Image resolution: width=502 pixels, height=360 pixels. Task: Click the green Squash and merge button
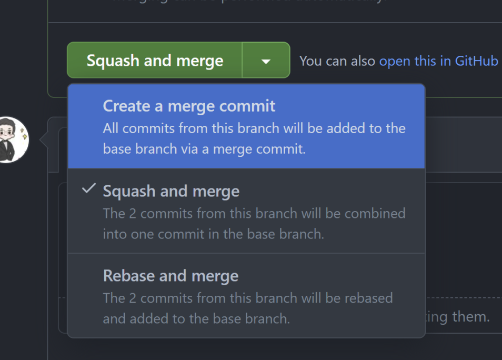pos(155,61)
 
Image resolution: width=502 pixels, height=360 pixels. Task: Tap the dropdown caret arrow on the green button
pos(266,61)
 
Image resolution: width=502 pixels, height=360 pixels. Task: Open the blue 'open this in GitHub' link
pos(438,61)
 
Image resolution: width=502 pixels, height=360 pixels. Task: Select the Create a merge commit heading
pos(189,106)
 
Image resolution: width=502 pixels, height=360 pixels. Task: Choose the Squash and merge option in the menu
pos(171,191)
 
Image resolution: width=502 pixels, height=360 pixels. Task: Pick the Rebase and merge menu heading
pos(170,276)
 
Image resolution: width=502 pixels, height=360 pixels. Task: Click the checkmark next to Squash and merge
pos(89,188)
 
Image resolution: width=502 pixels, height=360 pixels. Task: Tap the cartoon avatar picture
pos(12,139)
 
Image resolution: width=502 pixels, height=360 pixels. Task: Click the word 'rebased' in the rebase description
pos(369,298)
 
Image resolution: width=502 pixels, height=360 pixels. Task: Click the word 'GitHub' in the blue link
pos(476,61)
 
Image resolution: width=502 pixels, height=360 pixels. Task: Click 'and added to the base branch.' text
pos(196,318)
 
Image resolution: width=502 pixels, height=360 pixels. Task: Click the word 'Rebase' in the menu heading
pos(126,276)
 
